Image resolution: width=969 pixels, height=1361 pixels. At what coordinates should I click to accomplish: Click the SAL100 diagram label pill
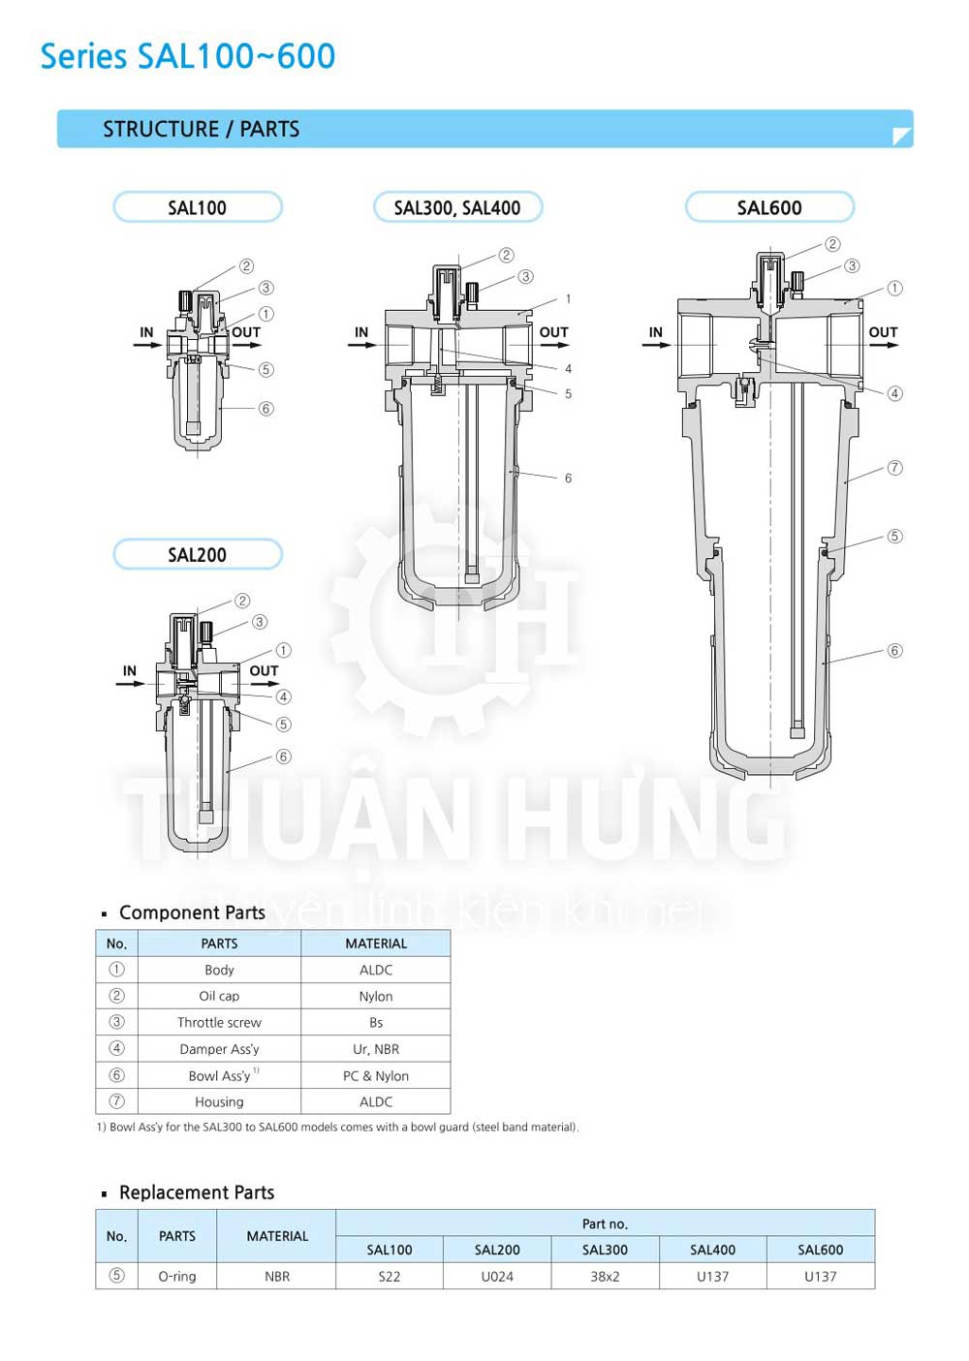tap(198, 207)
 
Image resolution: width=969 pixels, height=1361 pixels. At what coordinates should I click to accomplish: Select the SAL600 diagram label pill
tap(769, 207)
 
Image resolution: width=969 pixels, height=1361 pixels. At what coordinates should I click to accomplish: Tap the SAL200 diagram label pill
tap(198, 554)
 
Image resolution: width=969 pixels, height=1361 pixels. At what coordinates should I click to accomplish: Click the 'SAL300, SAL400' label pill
tap(457, 207)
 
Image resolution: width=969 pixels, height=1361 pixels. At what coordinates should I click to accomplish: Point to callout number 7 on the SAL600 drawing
tap(894, 468)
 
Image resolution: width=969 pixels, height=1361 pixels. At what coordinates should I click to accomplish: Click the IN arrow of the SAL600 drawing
tap(657, 345)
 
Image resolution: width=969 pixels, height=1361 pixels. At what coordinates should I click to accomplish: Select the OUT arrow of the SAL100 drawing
tap(246, 345)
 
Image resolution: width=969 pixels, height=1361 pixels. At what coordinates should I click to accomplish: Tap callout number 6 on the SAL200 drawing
tap(283, 757)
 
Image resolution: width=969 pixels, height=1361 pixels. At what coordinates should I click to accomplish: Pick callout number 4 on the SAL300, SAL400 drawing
tap(568, 368)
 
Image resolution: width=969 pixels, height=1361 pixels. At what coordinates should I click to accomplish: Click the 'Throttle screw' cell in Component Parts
tap(219, 1023)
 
